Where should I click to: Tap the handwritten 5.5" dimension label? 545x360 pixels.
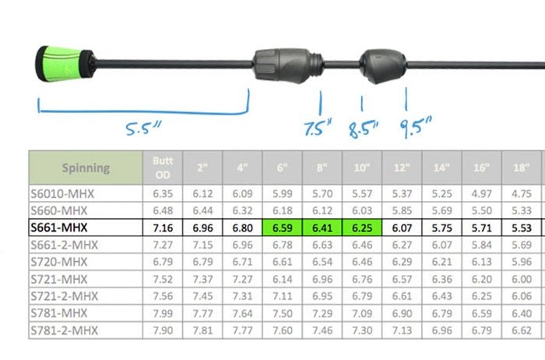tap(143, 128)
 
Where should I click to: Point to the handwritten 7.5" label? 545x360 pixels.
tap(318, 127)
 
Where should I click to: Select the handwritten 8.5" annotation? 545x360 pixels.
tap(364, 129)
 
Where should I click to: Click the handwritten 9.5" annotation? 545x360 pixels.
tap(415, 126)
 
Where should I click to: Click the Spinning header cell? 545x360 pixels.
tap(86, 168)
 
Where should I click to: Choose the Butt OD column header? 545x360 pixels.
tap(163, 168)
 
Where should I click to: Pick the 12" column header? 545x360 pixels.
tap(402, 168)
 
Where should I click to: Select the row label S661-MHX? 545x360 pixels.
tap(59, 228)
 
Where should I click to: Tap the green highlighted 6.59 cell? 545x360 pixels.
tap(282, 228)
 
